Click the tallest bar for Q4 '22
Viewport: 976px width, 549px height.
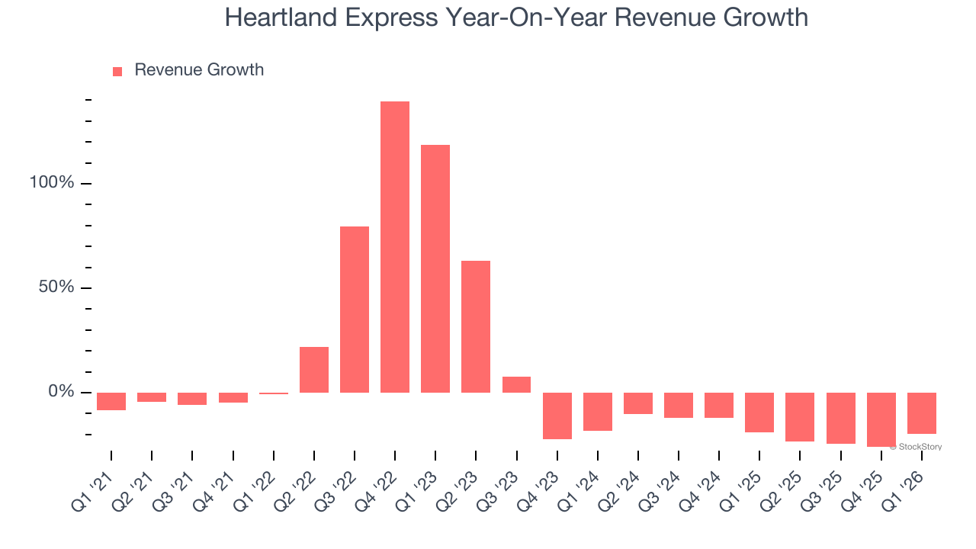[x=395, y=247]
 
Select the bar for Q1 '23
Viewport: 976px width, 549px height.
[x=435, y=268]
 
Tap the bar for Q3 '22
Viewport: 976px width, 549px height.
[x=355, y=310]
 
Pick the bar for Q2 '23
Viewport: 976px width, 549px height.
[x=476, y=326]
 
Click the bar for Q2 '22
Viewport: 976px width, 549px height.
[x=314, y=370]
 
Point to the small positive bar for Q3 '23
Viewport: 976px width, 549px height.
[x=516, y=384]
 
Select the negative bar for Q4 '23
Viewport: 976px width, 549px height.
[x=557, y=416]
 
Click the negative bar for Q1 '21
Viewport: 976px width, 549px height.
[x=111, y=401]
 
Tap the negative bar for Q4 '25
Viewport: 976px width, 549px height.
[x=881, y=419]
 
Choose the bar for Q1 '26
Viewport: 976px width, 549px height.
[x=921, y=413]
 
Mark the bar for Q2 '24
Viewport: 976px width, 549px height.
[x=638, y=403]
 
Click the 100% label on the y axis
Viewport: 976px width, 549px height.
[x=52, y=183]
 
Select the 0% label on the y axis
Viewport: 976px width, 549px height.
[x=60, y=392]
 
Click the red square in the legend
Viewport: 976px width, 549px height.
[x=117, y=71]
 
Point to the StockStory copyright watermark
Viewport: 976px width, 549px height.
[x=916, y=447]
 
